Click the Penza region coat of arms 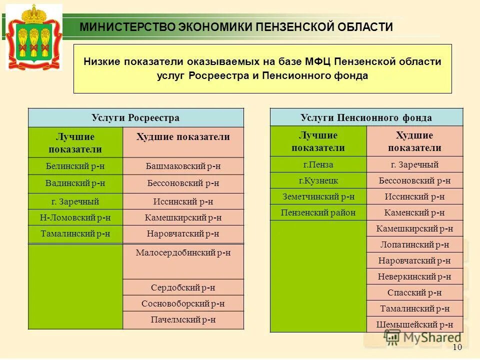[34, 36]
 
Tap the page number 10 [456, 348]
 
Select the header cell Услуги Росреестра [135, 118]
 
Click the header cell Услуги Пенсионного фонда [366, 118]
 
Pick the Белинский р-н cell [75, 166]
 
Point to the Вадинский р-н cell [75, 183]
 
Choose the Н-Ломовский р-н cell [75, 217]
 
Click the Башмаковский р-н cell [183, 166]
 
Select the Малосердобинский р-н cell [183, 253]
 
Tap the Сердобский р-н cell [183, 287]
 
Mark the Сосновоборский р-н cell [183, 303]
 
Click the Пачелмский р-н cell [183, 319]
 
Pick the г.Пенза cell [318, 164]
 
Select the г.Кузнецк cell [318, 180]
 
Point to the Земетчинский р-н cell [318, 196]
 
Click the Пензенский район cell [318, 212]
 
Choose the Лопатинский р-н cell [414, 244]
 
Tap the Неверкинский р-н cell [414, 276]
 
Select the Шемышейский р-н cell [414, 324]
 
